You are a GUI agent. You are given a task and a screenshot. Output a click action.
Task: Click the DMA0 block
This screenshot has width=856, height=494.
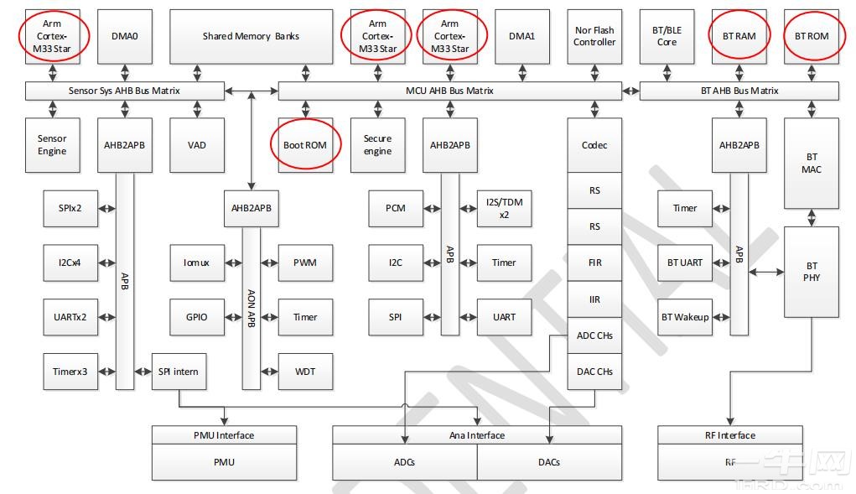pos(125,36)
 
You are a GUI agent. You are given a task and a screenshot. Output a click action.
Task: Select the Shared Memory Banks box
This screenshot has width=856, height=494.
pos(251,36)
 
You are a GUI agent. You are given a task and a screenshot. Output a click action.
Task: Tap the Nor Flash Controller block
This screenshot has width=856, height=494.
pos(594,36)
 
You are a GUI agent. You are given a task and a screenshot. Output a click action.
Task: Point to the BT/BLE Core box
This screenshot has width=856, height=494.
pos(667,36)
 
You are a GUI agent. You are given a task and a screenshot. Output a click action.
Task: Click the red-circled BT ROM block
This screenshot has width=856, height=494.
pos(812,36)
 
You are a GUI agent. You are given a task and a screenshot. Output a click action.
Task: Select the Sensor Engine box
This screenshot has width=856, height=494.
pos(52,145)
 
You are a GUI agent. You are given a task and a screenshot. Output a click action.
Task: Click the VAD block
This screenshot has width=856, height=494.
pos(197,145)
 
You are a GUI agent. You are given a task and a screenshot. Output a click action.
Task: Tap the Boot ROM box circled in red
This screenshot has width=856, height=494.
pos(305,145)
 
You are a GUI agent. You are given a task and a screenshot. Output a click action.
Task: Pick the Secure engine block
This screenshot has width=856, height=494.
pos(377,145)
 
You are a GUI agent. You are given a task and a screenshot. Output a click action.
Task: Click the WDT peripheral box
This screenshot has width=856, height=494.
pos(305,371)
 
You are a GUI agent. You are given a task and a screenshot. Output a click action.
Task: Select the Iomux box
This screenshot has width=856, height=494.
pos(196,263)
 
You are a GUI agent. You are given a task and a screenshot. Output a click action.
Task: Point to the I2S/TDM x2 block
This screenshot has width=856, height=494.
pos(504,208)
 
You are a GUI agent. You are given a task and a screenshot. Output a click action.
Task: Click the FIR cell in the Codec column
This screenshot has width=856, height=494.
pos(594,263)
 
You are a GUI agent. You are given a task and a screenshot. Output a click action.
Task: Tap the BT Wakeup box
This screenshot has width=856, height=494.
pos(684,317)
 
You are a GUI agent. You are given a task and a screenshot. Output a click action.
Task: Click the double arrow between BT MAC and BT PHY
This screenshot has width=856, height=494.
pos(812,218)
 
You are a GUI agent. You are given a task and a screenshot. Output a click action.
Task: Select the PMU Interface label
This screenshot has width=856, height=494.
pos(224,435)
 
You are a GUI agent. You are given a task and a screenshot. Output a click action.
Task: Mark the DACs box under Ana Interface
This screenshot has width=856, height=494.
pos(549,462)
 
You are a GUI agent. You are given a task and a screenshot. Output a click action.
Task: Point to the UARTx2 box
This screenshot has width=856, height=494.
pos(70,317)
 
